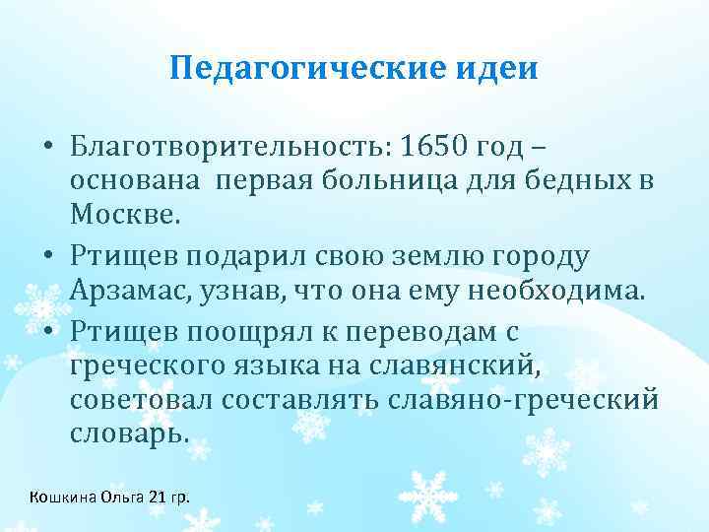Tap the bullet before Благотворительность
[x=49, y=149]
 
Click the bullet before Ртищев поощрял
[x=49, y=335]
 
